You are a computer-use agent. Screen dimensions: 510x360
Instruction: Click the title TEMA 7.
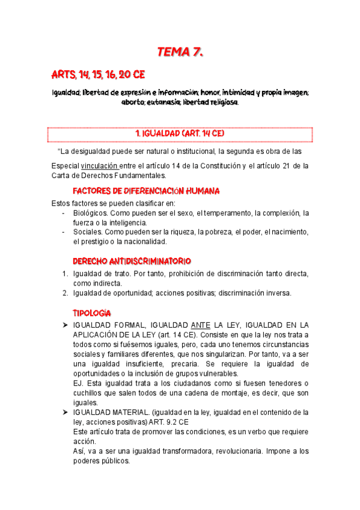point(180,52)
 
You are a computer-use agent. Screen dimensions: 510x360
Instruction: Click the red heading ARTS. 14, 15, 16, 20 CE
point(98,75)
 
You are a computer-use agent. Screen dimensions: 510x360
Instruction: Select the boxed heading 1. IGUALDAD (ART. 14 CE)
point(180,133)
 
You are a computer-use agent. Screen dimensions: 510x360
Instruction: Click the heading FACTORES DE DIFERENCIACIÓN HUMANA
point(145,191)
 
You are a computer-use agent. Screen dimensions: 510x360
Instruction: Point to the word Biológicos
point(90,213)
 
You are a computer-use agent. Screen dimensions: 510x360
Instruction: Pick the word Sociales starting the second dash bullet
point(87,232)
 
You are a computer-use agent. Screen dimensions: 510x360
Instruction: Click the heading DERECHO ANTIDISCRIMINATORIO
point(132,262)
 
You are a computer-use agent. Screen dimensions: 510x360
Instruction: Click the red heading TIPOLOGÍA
point(91,313)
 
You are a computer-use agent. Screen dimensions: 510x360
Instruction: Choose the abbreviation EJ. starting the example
point(78,383)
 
